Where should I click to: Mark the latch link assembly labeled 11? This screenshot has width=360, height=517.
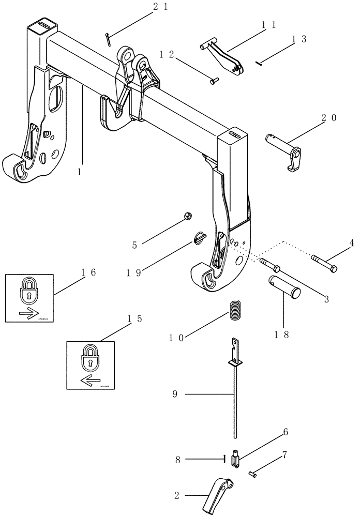[223, 58]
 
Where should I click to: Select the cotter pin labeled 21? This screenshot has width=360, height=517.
[107, 40]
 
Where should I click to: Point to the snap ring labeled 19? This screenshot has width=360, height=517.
[199, 236]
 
